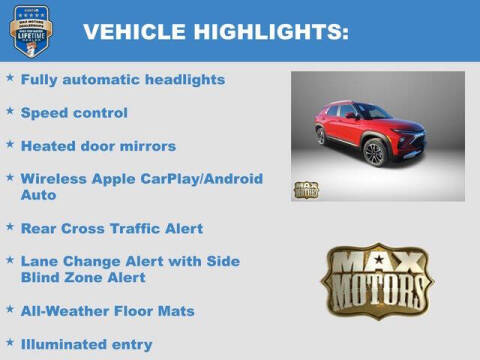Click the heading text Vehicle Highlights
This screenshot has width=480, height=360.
216,32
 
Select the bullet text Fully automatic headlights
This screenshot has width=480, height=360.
123,79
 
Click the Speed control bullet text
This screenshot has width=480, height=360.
74,113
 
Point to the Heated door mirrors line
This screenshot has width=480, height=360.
98,146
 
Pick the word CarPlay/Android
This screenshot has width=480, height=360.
199,179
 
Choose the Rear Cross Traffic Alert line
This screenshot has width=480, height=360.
112,228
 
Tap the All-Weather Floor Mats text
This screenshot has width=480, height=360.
108,311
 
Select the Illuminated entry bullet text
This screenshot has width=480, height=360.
87,344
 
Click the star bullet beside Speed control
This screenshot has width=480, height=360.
10,110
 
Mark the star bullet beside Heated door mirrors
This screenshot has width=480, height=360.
10,143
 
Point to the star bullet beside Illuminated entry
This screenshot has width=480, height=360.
10,341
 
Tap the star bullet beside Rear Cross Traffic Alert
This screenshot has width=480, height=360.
10,225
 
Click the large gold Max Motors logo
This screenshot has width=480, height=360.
377,280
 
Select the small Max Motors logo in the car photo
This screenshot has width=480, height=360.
306,189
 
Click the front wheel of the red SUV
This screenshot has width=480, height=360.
375,153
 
